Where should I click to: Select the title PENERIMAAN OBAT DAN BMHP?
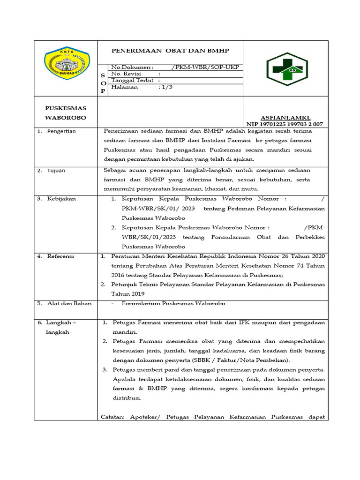coord(170,50)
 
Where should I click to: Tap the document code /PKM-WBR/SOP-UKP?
coord(205,67)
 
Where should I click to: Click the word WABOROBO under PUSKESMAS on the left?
coord(66,117)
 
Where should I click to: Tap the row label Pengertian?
coord(61,131)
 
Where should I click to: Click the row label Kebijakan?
coord(61,199)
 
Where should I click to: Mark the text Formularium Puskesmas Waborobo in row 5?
coord(173,303)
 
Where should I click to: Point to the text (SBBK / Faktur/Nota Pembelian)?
coord(241,360)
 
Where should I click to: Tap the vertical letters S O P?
coord(103,82)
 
